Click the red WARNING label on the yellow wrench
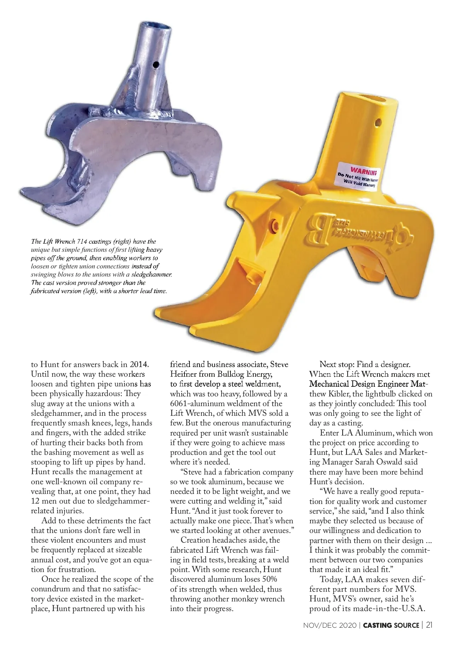tap(363, 171)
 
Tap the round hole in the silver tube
tap(156, 64)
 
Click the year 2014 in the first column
tap(139, 364)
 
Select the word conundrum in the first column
tap(51, 589)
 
